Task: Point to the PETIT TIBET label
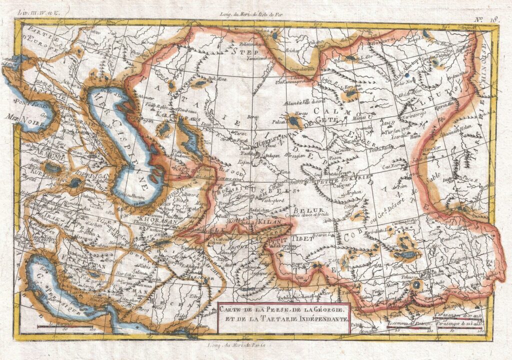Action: [x=286, y=239]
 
